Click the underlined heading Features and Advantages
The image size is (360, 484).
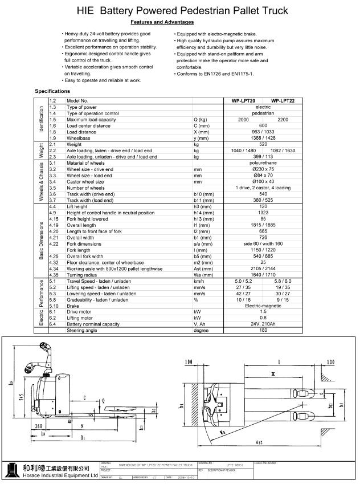click(x=162, y=22)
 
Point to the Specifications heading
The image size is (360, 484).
click(x=52, y=91)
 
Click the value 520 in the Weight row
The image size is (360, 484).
click(x=263, y=145)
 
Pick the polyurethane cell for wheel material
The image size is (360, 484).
click(x=263, y=162)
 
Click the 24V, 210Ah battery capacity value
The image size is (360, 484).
click(x=263, y=324)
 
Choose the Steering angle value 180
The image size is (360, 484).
click(x=263, y=330)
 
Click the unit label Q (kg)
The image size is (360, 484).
click(x=201, y=120)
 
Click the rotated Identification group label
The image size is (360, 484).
click(x=42, y=119)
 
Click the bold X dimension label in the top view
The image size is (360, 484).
click(x=273, y=375)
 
